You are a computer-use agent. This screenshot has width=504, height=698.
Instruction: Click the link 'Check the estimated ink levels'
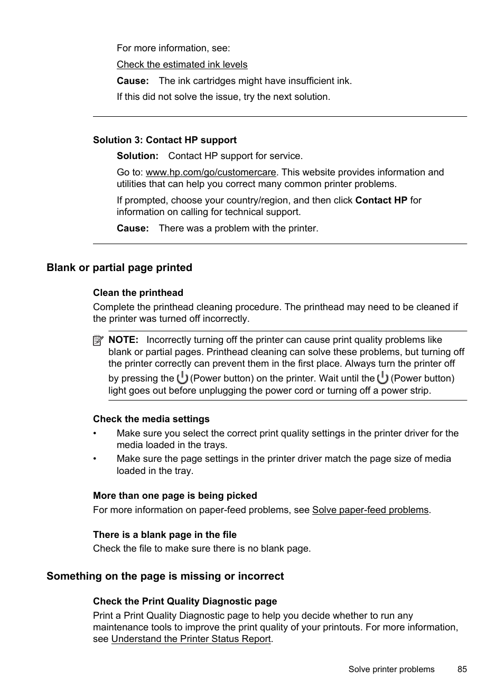pyautogui.click(x=182, y=64)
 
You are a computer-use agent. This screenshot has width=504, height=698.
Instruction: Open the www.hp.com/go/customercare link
pyautogui.click(x=211, y=172)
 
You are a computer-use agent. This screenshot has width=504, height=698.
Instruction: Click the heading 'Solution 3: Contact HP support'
pyautogui.click(x=165, y=140)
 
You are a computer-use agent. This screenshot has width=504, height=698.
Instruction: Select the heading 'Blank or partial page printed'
pyautogui.click(x=119, y=267)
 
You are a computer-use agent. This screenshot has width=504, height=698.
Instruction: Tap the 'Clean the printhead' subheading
pyautogui.click(x=138, y=293)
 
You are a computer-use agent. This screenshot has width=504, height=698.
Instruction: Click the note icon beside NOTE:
pyautogui.click(x=98, y=341)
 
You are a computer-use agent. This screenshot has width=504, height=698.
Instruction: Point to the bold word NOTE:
pyautogui.click(x=123, y=340)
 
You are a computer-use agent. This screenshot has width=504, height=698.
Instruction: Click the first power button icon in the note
pyautogui.click(x=182, y=378)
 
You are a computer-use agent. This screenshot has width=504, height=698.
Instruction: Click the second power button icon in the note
pyautogui.click(x=383, y=378)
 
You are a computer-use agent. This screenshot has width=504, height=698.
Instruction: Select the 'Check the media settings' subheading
pyautogui.click(x=151, y=419)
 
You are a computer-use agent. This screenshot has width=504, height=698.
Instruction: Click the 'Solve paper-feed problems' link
pyautogui.click(x=370, y=510)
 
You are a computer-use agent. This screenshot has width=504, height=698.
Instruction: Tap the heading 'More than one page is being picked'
pyautogui.click(x=175, y=496)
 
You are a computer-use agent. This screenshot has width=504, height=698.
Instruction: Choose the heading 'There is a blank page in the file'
pyautogui.click(x=165, y=535)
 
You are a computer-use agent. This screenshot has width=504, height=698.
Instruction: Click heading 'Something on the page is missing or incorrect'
pyautogui.click(x=165, y=576)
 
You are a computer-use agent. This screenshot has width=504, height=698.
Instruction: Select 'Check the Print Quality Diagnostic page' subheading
pyautogui.click(x=185, y=601)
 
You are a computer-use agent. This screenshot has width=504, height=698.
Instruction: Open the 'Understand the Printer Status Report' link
pyautogui.click(x=191, y=639)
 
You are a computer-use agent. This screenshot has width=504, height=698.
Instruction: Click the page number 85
pyautogui.click(x=462, y=669)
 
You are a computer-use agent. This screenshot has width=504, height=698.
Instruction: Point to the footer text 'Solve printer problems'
pyautogui.click(x=391, y=669)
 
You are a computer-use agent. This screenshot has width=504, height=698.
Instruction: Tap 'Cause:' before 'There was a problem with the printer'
pyautogui.click(x=133, y=228)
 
